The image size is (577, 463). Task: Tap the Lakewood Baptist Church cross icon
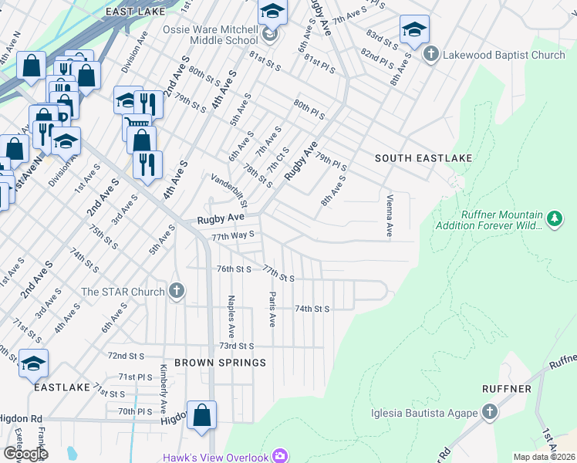(x=431, y=55)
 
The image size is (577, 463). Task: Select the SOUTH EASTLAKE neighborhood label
(x=423, y=157)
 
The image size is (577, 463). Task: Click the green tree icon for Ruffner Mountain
(x=553, y=220)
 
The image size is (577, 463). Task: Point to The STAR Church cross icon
(x=177, y=292)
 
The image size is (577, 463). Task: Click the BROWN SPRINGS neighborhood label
(x=220, y=362)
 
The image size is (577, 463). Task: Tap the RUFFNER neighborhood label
(x=505, y=389)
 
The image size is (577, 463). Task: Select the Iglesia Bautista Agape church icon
(x=488, y=412)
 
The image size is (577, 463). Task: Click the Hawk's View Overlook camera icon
(x=279, y=457)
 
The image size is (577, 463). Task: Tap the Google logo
(x=25, y=454)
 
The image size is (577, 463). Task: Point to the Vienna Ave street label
(x=389, y=215)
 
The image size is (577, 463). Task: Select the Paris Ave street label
(x=272, y=309)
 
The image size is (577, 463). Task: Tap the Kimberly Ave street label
(x=163, y=387)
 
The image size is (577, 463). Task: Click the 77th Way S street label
(x=232, y=235)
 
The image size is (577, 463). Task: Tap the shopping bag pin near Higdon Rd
(x=201, y=414)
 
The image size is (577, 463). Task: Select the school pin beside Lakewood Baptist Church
(x=414, y=30)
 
